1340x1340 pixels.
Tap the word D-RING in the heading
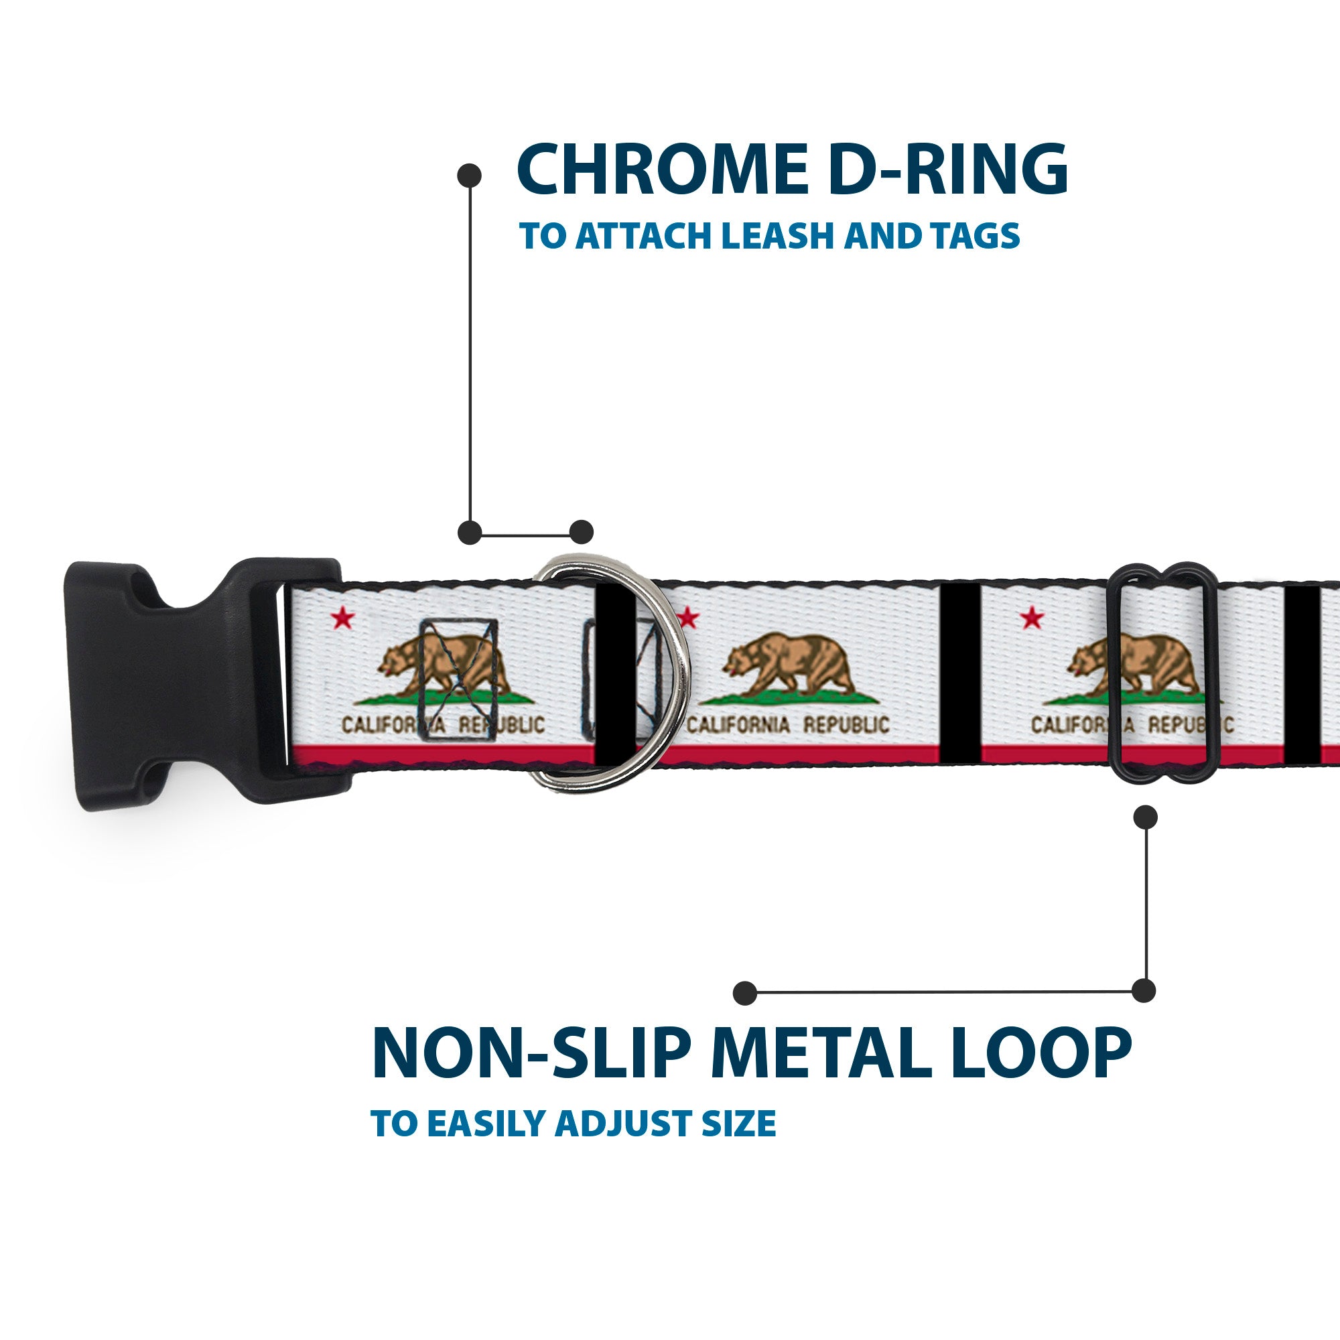click(947, 170)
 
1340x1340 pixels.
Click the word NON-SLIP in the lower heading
click(531, 1053)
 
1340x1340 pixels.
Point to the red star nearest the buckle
click(342, 617)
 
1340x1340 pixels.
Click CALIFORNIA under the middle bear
click(738, 726)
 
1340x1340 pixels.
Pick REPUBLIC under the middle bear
click(846, 726)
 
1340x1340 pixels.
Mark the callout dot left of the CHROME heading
click(470, 176)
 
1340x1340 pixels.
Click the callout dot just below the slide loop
click(1145, 817)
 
